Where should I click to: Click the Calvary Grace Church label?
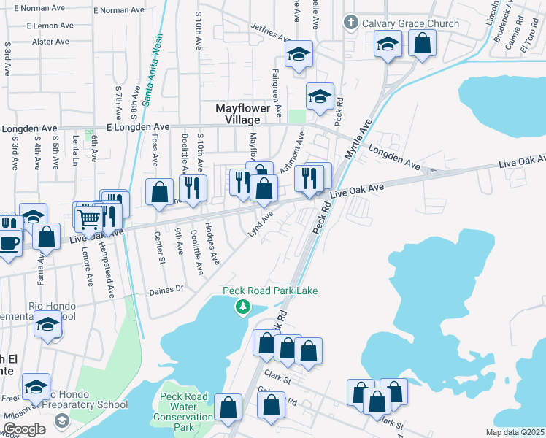[x=412, y=23]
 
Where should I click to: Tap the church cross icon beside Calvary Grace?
[x=352, y=23]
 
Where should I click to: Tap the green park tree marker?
[x=242, y=307]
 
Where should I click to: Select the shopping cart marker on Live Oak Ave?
[x=89, y=217]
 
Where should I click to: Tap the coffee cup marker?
[x=9, y=242]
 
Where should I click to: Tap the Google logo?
[x=23, y=429]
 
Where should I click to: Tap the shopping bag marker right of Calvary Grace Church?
[x=422, y=43]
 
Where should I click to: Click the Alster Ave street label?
[x=50, y=42]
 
